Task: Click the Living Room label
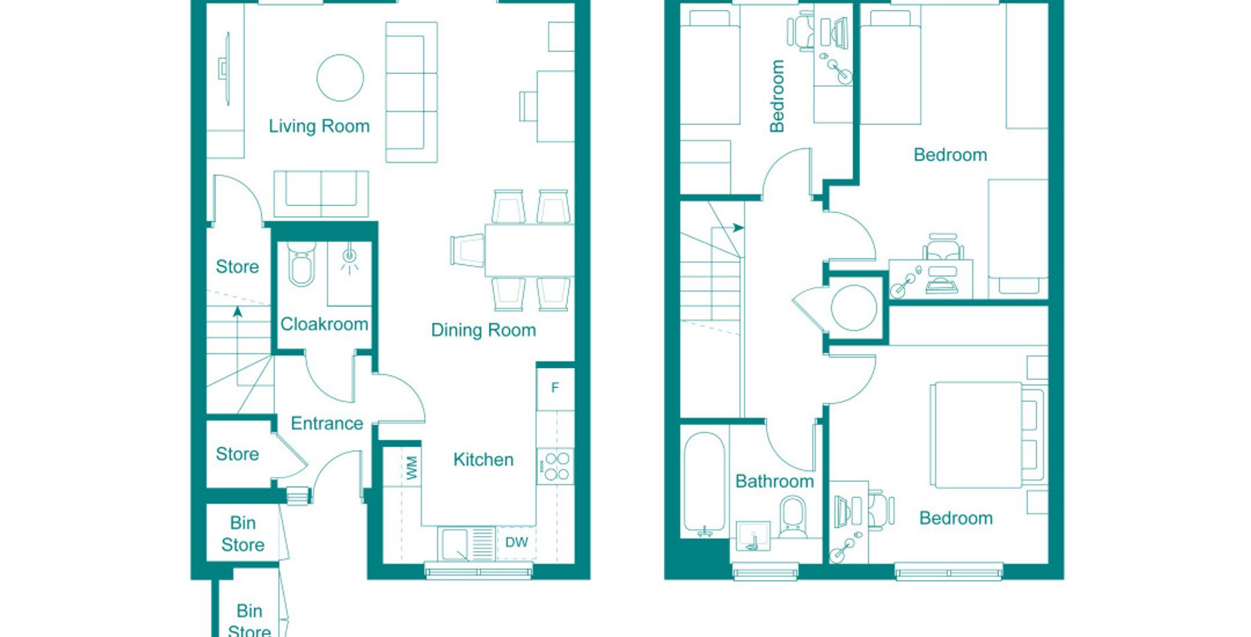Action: click(x=319, y=126)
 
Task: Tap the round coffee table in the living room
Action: click(x=340, y=77)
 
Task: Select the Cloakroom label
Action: click(x=324, y=324)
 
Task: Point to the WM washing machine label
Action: click(x=412, y=468)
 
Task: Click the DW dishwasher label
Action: click(x=516, y=542)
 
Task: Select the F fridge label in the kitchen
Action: click(x=555, y=387)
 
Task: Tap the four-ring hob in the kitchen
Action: click(x=556, y=465)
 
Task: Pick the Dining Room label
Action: click(x=483, y=330)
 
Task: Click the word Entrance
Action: click(x=327, y=423)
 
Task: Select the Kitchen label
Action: click(x=483, y=460)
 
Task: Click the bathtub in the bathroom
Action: click(x=705, y=483)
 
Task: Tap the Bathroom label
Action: click(x=774, y=481)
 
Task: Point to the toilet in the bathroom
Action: click(x=793, y=516)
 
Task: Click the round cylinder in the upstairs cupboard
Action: click(x=854, y=307)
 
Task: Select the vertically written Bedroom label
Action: click(x=777, y=96)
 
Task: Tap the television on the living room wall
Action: click(x=225, y=68)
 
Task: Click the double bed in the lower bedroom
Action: click(x=986, y=434)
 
